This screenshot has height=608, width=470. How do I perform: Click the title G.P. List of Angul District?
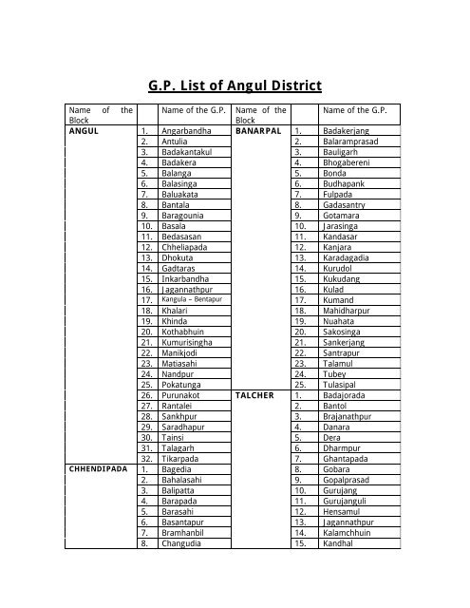234,85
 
